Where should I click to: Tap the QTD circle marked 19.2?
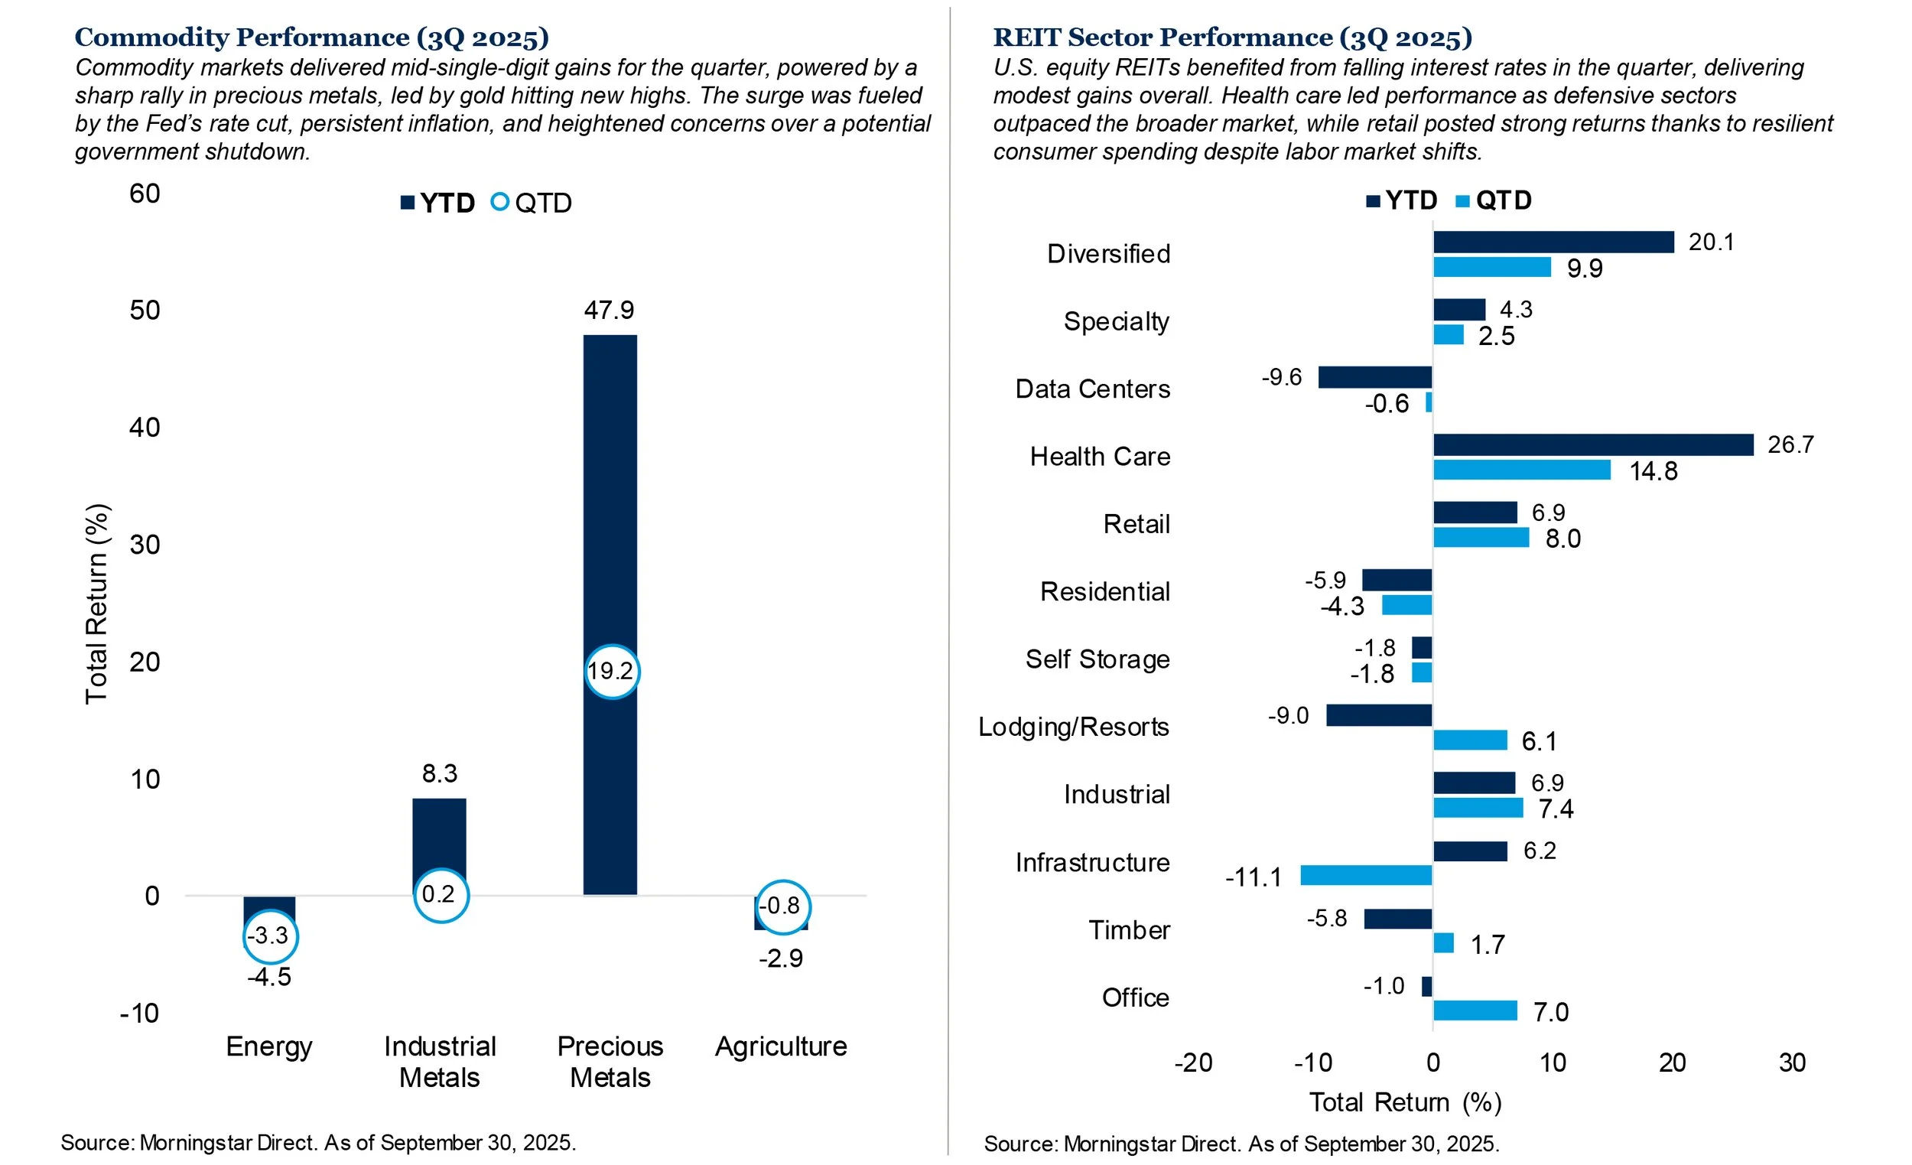612,672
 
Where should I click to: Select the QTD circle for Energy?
269,936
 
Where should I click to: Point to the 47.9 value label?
609,311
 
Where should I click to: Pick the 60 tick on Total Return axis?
145,194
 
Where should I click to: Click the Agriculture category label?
781,1046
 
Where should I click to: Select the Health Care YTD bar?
1592,444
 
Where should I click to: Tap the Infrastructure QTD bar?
1366,876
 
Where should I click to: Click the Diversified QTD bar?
1491,268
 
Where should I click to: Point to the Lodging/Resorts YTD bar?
1379,714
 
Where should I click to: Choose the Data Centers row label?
1092,389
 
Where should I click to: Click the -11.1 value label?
1254,878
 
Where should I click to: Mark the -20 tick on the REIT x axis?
1192,1062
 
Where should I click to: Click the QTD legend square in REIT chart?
1462,202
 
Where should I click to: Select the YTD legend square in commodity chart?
408,203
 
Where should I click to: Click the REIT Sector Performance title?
1232,37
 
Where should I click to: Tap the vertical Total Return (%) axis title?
96,604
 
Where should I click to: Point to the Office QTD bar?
1475,1010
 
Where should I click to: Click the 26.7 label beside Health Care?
1790,444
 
